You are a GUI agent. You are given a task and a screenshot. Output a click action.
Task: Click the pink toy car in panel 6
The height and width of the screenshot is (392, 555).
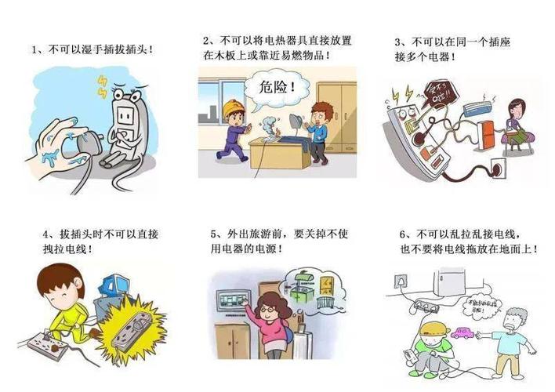point(460,334)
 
